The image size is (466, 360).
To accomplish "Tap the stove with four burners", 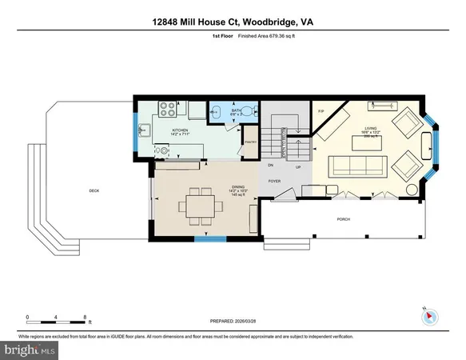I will [x=169, y=107].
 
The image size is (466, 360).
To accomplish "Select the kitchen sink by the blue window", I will [x=148, y=131].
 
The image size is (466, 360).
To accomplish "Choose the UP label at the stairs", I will [x=298, y=166].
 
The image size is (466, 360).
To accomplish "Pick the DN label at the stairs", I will [x=270, y=166].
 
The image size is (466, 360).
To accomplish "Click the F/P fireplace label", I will [x=321, y=110].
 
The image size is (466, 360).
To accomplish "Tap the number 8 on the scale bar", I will [x=85, y=316].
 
